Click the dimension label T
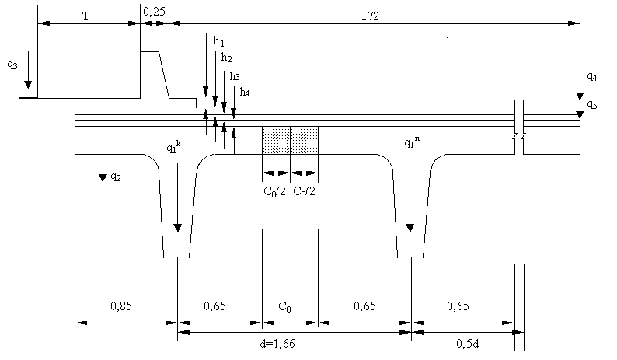click(x=85, y=16)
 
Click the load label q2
click(x=116, y=177)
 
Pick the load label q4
click(x=592, y=76)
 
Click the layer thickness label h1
click(x=219, y=40)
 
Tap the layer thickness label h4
click(x=245, y=93)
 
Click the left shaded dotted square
click(x=276, y=140)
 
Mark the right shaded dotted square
click(x=304, y=140)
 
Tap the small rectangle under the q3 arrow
click(x=28, y=94)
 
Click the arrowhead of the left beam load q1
click(x=178, y=227)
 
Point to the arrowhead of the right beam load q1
click(x=410, y=228)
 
